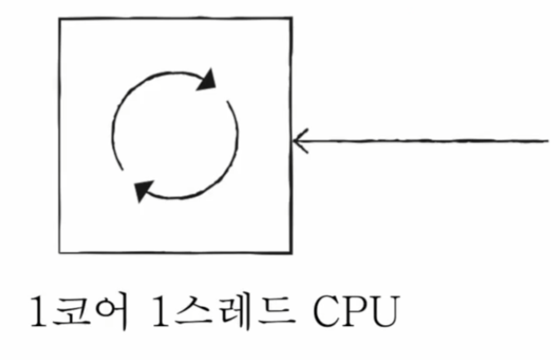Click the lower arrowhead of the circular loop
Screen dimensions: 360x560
143,191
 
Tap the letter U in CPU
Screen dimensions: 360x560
386,315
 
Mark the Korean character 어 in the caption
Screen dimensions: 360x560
109,315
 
